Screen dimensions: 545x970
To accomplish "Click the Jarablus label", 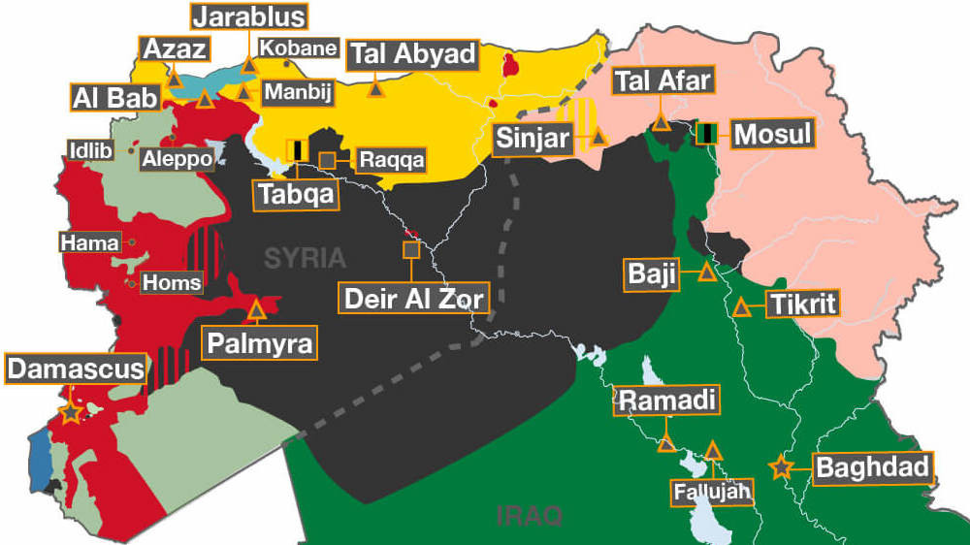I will coord(249,16).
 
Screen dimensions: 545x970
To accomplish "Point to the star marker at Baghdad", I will coord(780,468).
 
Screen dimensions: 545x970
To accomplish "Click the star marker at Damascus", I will coord(70,413).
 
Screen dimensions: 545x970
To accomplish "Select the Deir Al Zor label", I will coord(414,298).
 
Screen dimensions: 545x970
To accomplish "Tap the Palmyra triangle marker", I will coord(257,311).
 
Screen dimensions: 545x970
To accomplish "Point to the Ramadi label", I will coord(667,401).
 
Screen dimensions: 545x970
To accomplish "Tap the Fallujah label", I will coord(712,493).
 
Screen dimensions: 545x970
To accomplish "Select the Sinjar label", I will coord(533,139).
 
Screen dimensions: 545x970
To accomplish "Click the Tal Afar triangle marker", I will coord(661,122).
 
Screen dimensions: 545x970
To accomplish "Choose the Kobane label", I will coord(299,48).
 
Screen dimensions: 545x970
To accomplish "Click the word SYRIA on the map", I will coord(306,258).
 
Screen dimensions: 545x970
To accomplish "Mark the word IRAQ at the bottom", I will coord(529,515).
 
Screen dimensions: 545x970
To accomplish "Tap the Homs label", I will coord(172,283).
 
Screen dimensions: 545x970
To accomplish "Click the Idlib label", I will coord(91,150).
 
